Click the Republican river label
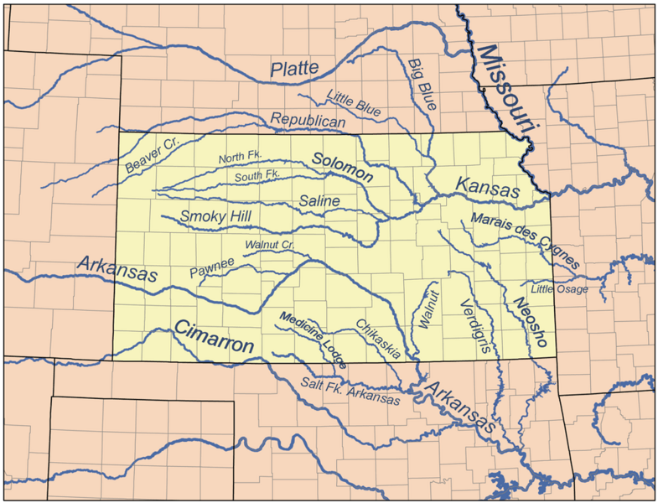[308, 121]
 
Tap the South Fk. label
[256, 175]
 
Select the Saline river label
[319, 201]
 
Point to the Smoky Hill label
[215, 217]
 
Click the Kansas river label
[487, 188]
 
